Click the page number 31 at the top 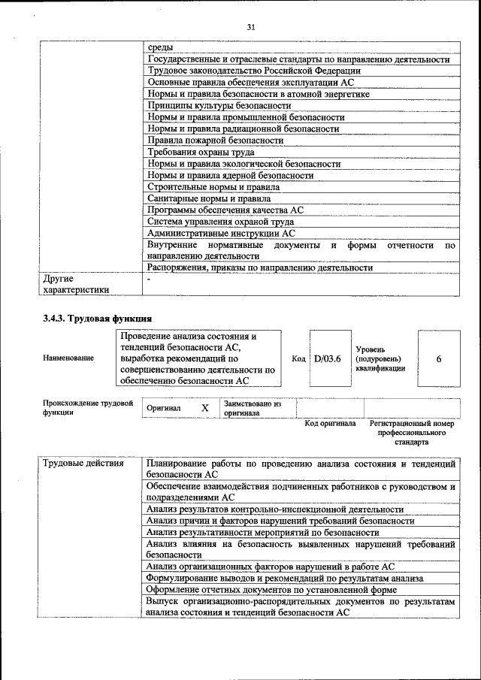click(251, 28)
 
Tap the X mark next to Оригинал click(204, 407)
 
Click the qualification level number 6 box click(438, 358)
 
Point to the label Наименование click(68, 358)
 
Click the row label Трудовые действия click(83, 463)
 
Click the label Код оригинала click(330, 424)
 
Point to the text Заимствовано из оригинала click(252, 408)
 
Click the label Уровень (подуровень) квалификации click(380, 358)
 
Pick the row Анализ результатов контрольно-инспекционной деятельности click(275, 509)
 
